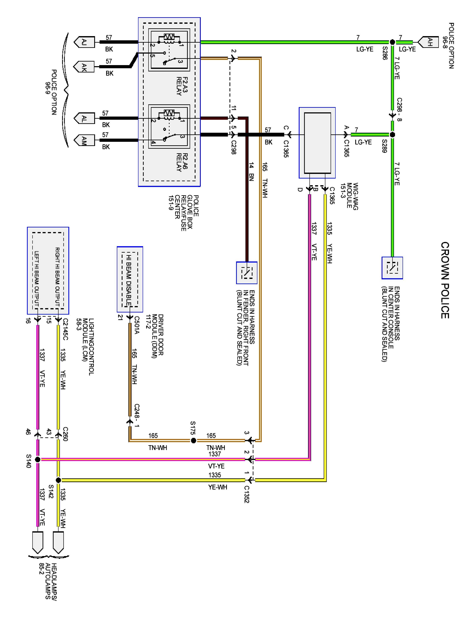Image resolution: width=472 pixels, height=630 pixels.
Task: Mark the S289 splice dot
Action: [392, 134]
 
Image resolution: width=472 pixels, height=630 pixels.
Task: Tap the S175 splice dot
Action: [193, 441]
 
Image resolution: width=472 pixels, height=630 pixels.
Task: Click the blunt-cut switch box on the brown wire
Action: [247, 273]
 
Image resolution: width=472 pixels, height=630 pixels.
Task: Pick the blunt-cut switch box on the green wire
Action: [392, 268]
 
